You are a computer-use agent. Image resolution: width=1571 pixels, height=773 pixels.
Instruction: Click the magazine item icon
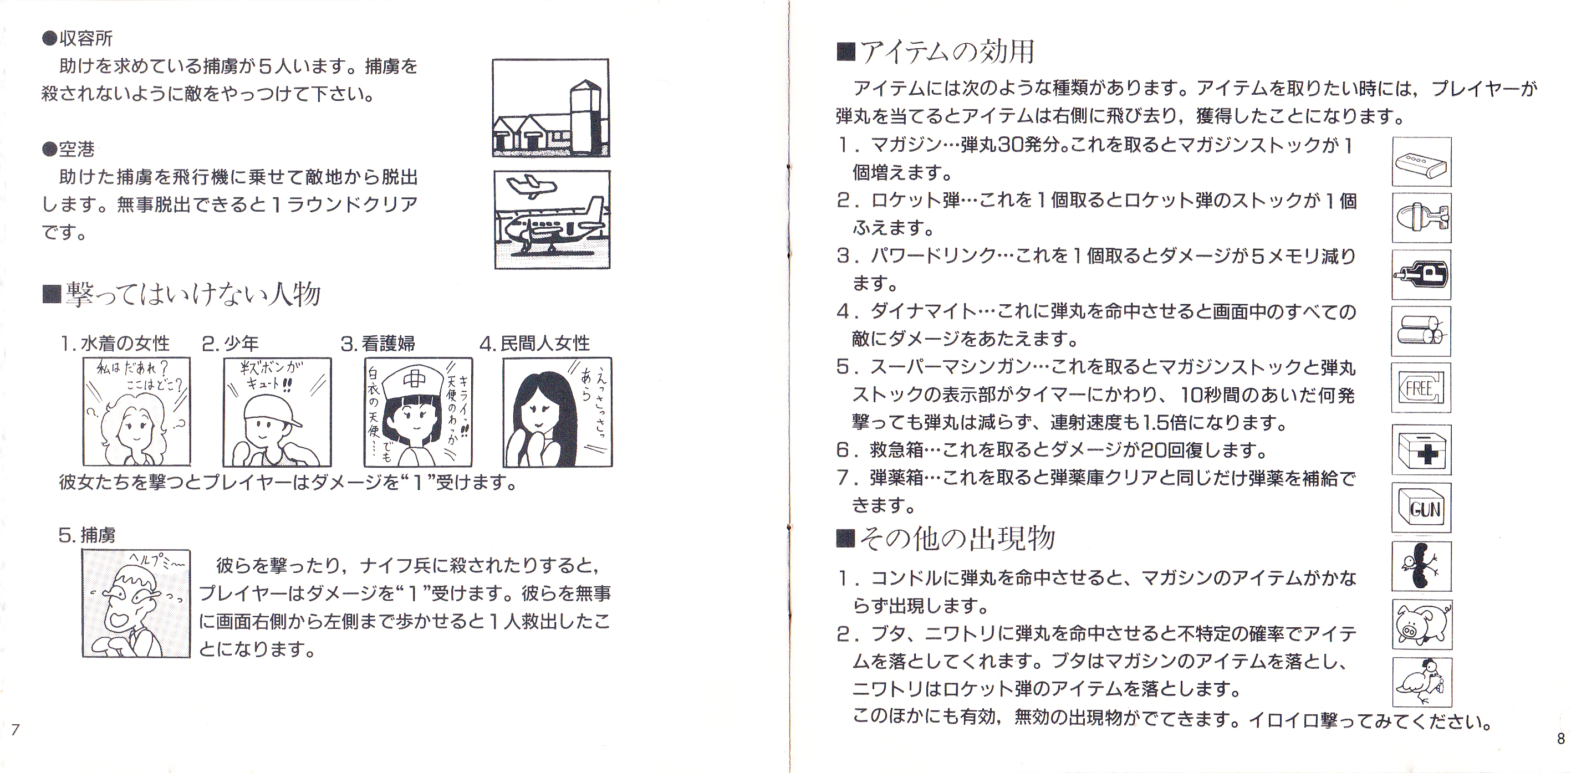coord(1421,162)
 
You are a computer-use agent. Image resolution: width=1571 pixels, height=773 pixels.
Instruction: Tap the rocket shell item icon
coord(1421,218)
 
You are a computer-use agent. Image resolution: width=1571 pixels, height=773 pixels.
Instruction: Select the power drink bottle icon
coord(1421,274)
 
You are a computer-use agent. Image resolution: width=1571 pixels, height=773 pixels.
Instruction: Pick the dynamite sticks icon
coord(1421,331)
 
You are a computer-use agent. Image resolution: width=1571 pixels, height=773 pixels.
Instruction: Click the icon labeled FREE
coord(1421,388)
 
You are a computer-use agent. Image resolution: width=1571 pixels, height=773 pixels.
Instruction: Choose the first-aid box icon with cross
coord(1421,450)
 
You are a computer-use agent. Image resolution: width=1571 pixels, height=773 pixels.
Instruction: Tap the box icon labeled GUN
coord(1421,508)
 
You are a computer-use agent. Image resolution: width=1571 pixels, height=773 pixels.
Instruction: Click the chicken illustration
coord(1421,682)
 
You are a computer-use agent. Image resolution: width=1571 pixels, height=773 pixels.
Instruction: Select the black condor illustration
coord(1421,566)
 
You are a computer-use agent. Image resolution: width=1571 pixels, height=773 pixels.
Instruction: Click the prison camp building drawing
coord(550,107)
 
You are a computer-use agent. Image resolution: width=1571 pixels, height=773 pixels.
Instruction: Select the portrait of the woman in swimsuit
coord(136,412)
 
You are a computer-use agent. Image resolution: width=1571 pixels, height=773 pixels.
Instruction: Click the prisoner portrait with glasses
coord(136,603)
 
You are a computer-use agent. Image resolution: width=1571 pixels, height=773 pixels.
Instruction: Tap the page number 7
coord(16,730)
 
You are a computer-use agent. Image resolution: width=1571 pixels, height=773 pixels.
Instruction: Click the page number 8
coord(1560,739)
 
